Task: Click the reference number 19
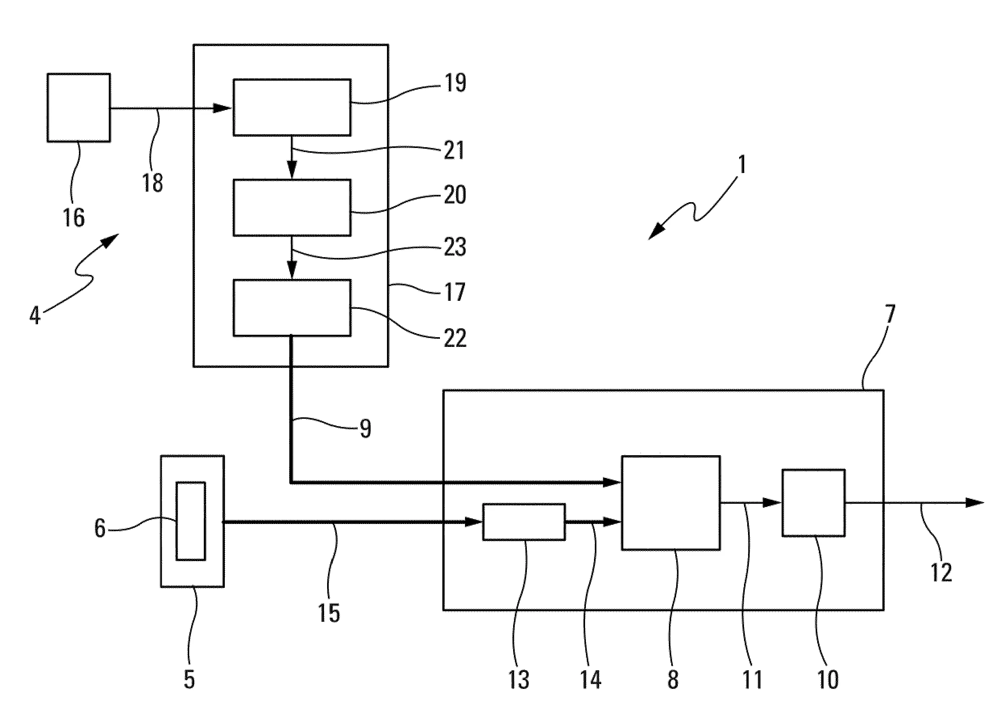click(454, 83)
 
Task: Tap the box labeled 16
click(79, 108)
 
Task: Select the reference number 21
click(454, 150)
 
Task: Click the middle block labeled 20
click(292, 207)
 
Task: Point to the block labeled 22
click(292, 308)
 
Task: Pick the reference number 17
click(454, 292)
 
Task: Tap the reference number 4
click(35, 316)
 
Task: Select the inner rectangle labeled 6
click(190, 521)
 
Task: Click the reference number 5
click(189, 679)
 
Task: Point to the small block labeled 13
click(524, 522)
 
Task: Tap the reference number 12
click(941, 572)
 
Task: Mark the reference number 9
click(365, 428)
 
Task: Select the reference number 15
click(329, 613)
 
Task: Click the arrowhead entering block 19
click(223, 108)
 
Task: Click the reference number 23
click(454, 246)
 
